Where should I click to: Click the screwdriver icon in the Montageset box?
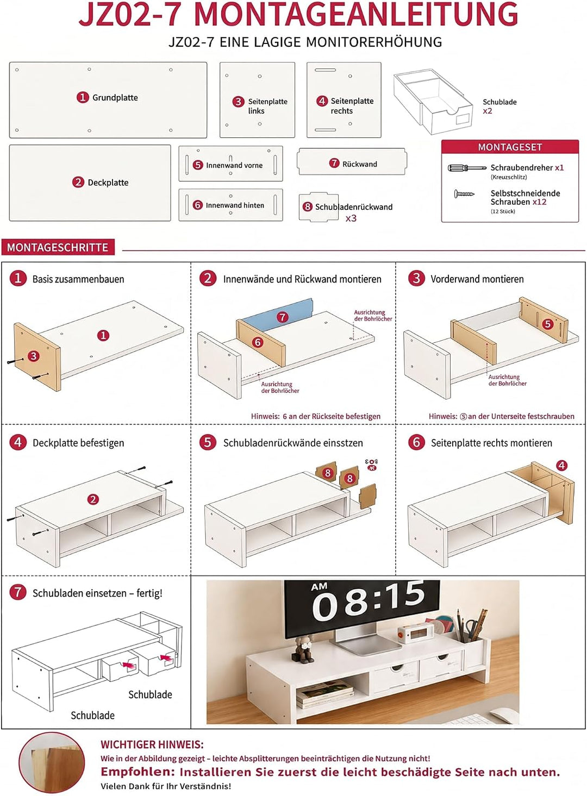[467, 168]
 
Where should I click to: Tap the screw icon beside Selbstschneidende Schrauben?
[464, 194]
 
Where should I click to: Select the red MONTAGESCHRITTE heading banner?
[58, 247]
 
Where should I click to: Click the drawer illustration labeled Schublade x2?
[433, 102]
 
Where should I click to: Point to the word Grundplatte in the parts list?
[115, 97]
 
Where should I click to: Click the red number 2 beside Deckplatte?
[78, 183]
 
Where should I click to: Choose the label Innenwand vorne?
[234, 165]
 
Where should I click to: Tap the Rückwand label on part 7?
[359, 164]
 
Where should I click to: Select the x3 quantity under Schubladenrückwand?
[351, 218]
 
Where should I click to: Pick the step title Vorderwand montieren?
[477, 279]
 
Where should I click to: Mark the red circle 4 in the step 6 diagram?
[561, 465]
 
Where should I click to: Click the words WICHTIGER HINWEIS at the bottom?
[152, 744]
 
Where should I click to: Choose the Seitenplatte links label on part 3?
[267, 106]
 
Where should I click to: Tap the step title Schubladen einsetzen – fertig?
[97, 593]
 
